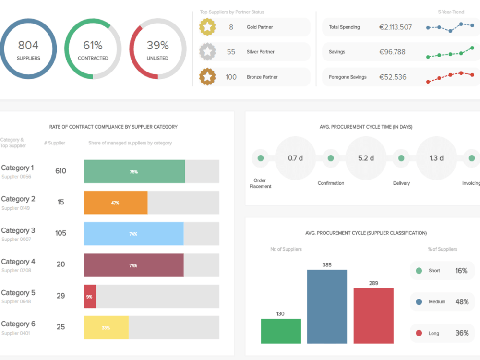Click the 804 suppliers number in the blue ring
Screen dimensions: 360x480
[x=28, y=46]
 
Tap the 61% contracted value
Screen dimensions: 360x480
[x=93, y=46]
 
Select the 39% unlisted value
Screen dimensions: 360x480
[x=157, y=46]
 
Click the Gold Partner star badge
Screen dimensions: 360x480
[x=207, y=27]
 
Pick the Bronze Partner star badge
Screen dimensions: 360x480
[x=207, y=77]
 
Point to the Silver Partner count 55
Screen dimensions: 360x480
[x=231, y=52]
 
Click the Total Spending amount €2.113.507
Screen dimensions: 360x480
[x=395, y=27]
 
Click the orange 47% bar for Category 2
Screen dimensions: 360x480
[x=115, y=203]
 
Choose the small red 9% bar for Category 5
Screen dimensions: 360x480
[x=90, y=296]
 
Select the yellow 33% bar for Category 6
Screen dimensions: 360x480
[x=106, y=327]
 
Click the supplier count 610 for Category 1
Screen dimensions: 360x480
[x=60, y=171]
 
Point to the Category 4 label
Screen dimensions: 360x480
[x=18, y=262]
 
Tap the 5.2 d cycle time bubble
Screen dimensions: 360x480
[x=366, y=158]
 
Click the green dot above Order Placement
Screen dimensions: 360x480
[x=261, y=158]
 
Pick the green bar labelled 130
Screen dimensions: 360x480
[x=281, y=331]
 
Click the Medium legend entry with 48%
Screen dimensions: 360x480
[x=441, y=302]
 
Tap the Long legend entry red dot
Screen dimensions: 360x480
[x=419, y=333]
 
